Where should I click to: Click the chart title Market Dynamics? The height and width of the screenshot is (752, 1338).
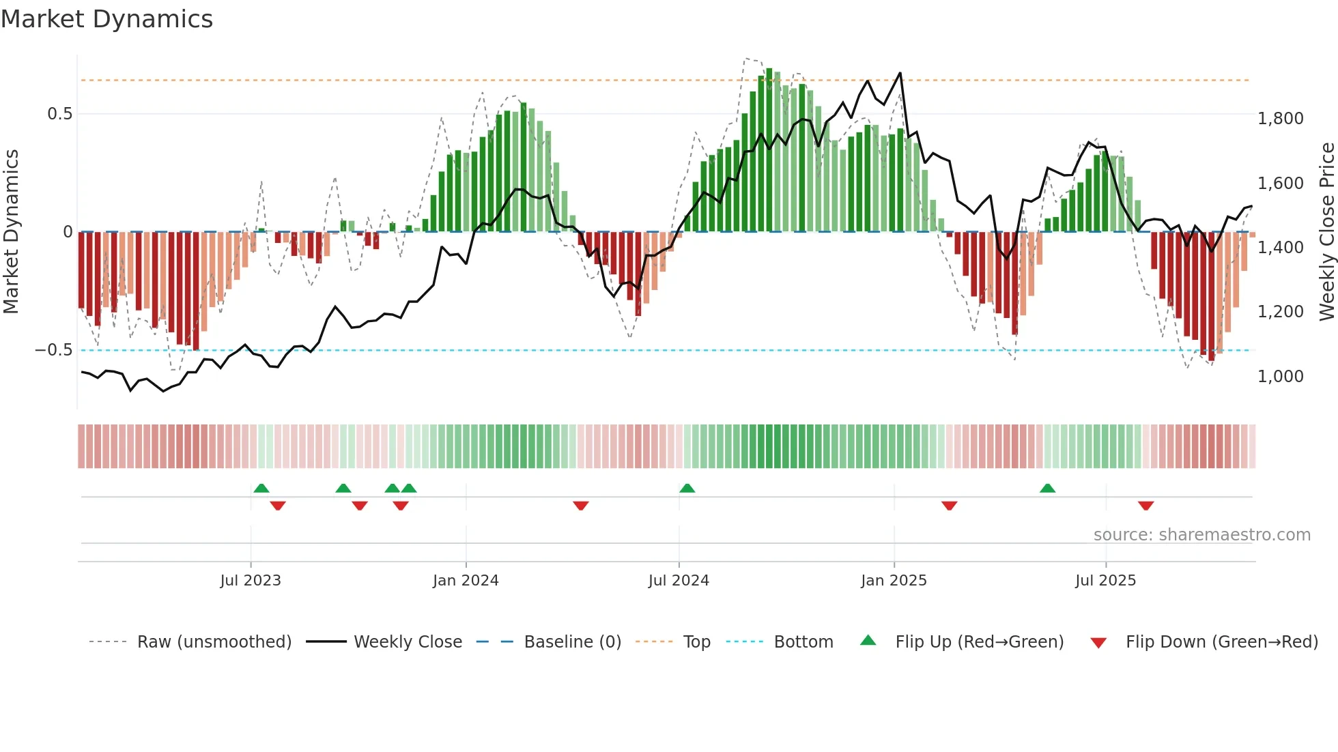pos(106,19)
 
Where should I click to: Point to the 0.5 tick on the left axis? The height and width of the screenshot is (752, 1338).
pos(60,114)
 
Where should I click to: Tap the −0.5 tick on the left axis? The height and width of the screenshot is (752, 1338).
pos(54,350)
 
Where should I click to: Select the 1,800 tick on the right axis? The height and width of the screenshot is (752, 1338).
pos(1281,119)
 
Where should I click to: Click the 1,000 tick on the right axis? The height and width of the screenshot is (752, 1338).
pos(1281,377)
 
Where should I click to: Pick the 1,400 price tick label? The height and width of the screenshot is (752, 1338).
pos(1281,248)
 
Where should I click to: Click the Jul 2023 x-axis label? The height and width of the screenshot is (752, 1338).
pos(251,581)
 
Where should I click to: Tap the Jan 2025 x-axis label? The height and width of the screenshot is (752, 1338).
pos(894,581)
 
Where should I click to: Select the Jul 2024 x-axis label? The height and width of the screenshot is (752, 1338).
pos(679,581)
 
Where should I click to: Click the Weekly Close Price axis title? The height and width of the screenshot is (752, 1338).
pos(1326,232)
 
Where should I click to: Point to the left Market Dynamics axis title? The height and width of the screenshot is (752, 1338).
pos(11,232)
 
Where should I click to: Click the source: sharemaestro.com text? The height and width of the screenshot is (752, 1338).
pos(1201,535)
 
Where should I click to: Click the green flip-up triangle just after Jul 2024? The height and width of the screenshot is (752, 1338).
pos(687,488)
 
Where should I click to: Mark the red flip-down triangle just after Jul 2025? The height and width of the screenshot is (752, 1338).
pos(1145,506)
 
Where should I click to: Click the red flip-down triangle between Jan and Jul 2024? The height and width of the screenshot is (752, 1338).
pos(581,506)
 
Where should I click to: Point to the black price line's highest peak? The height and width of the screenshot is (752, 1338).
pos(900,73)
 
